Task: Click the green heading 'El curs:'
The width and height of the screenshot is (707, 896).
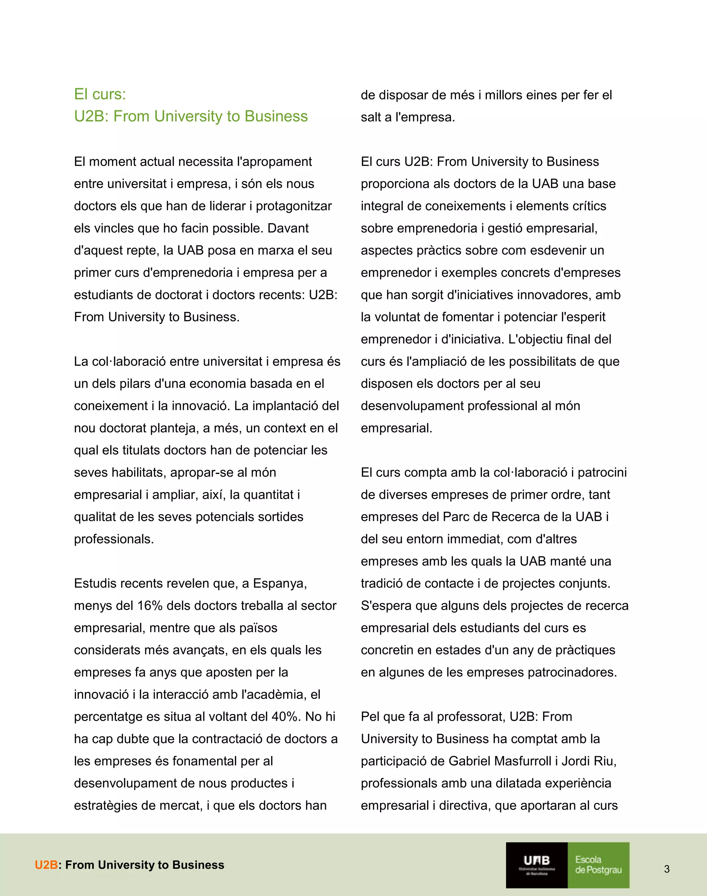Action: coord(100,94)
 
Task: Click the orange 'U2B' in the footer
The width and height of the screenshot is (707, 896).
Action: coord(46,865)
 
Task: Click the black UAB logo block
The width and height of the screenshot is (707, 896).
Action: coord(536,865)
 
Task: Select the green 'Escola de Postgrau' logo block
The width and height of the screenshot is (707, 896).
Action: coord(598,865)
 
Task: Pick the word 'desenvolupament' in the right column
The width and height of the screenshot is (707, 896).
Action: coord(412,406)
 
